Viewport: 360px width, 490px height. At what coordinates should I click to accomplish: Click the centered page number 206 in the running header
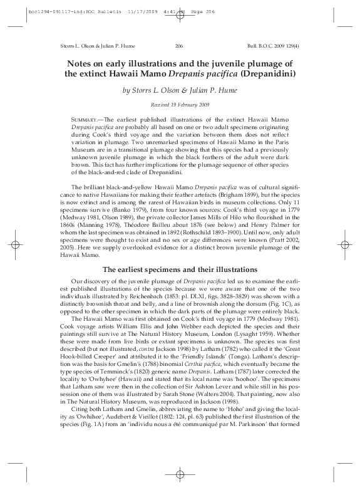[179, 46]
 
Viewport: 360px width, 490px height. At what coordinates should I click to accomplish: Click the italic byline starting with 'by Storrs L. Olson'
[179, 90]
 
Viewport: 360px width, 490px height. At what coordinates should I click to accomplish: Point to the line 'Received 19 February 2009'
[179, 104]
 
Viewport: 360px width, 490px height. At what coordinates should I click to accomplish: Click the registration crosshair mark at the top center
[179, 15]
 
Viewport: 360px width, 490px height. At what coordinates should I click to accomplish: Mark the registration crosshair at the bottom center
[179, 475]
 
